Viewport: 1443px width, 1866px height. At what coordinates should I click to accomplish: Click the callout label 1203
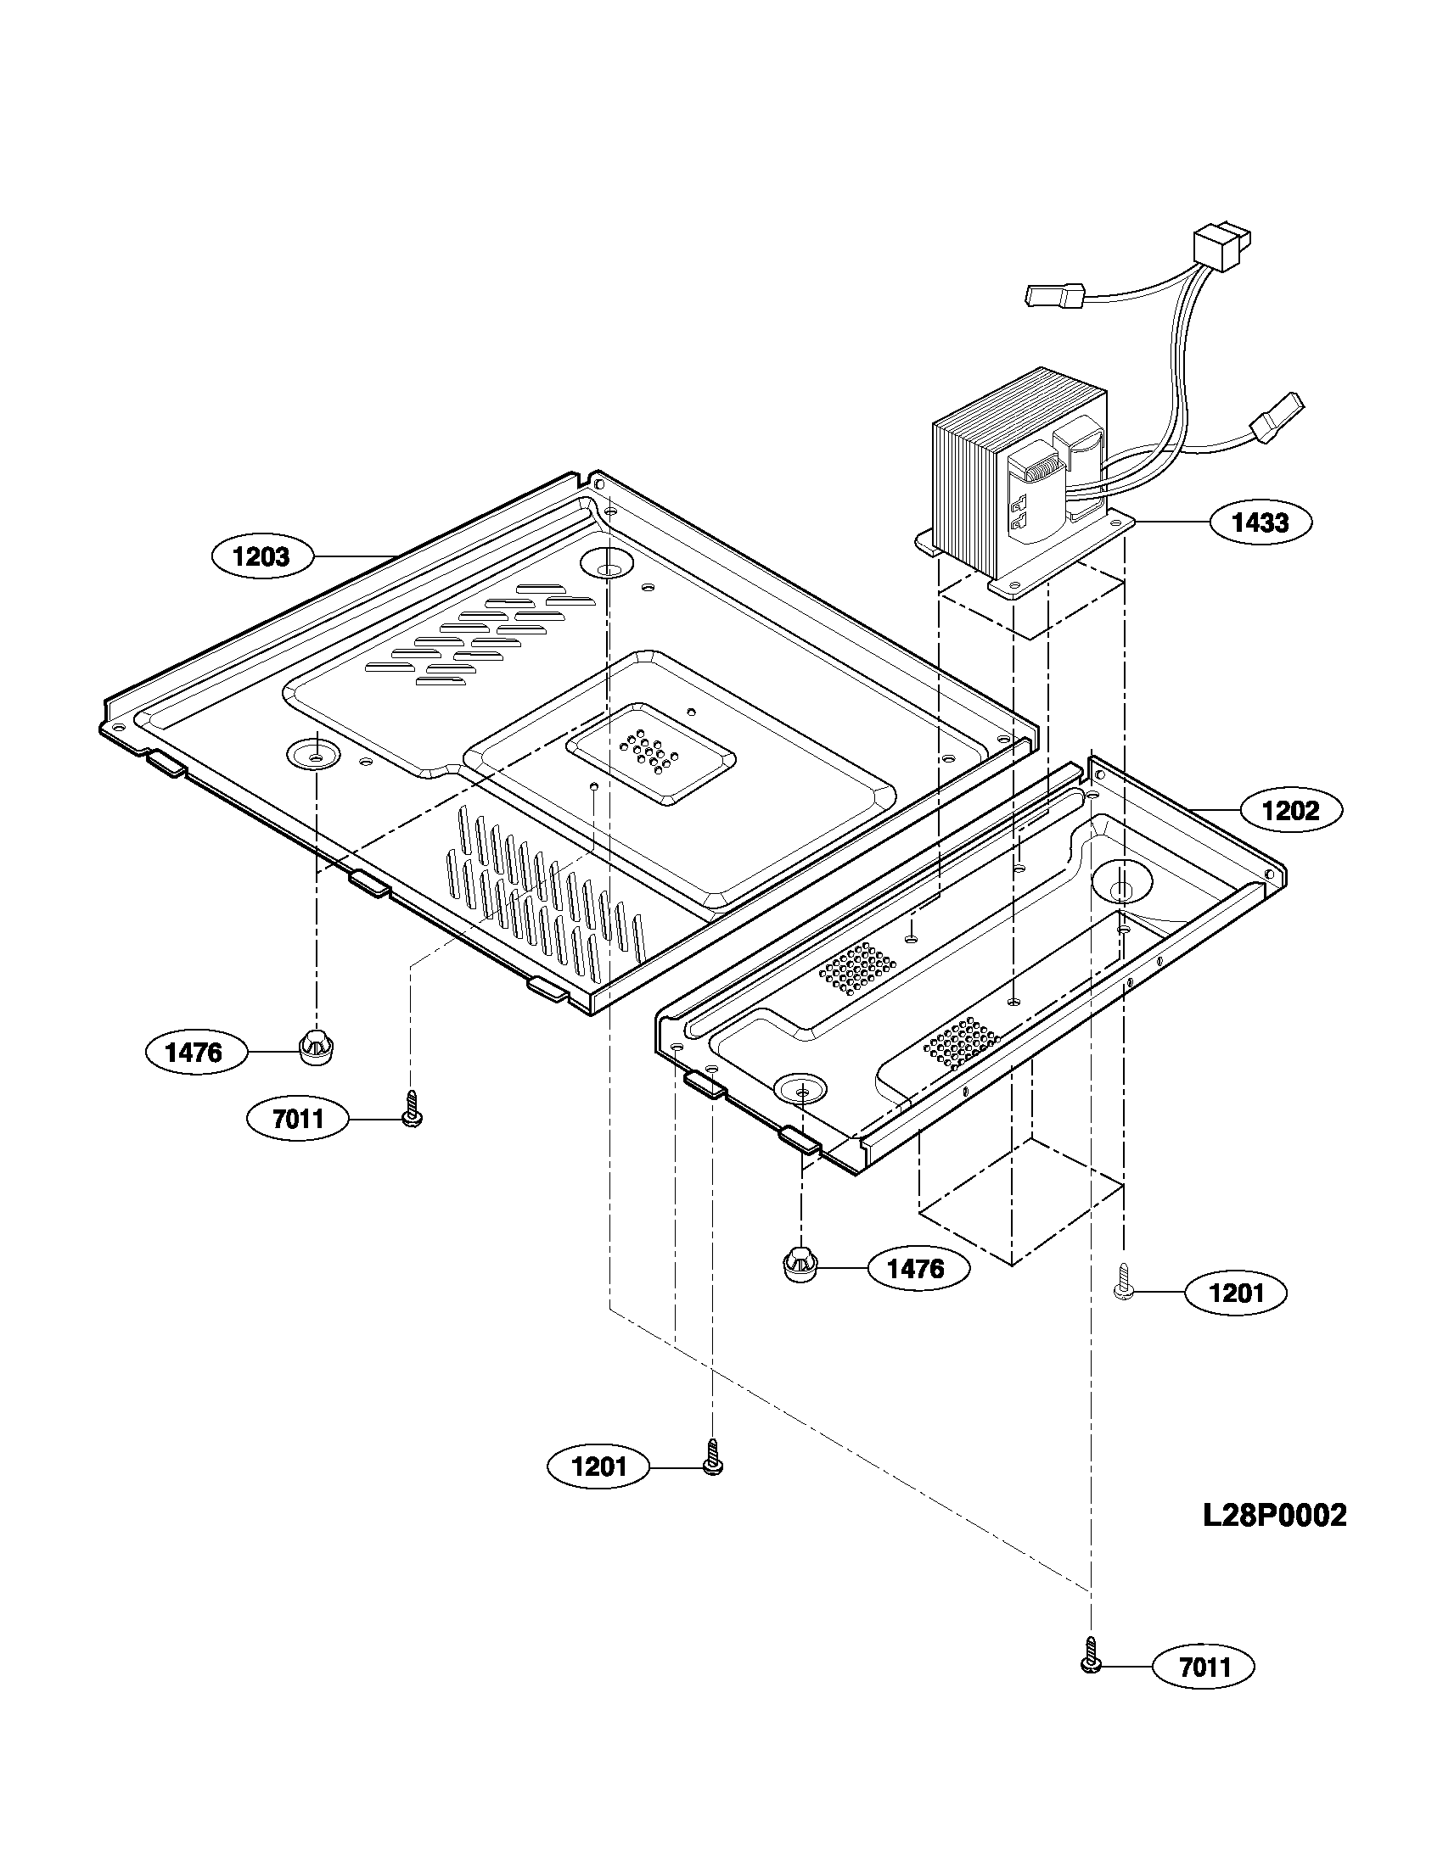click(261, 557)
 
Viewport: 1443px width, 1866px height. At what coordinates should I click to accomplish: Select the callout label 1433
click(1260, 522)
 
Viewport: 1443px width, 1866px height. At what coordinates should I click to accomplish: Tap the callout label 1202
click(1290, 810)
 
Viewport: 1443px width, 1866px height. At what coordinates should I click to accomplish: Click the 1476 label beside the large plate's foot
click(194, 1053)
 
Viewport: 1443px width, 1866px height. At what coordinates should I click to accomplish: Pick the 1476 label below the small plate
click(918, 1269)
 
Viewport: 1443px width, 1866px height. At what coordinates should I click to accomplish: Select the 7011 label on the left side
click(297, 1118)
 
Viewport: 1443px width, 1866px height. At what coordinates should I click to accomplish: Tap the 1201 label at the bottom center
click(598, 1467)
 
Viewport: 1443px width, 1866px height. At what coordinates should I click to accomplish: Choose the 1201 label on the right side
click(1235, 1293)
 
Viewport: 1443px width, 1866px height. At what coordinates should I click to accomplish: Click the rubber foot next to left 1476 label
click(317, 1047)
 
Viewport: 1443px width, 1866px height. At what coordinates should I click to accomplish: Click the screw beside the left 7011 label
click(411, 1110)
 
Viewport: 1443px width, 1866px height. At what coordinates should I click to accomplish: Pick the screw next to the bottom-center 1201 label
click(712, 1456)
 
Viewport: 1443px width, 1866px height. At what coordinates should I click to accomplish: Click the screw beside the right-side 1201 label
click(1123, 1284)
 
